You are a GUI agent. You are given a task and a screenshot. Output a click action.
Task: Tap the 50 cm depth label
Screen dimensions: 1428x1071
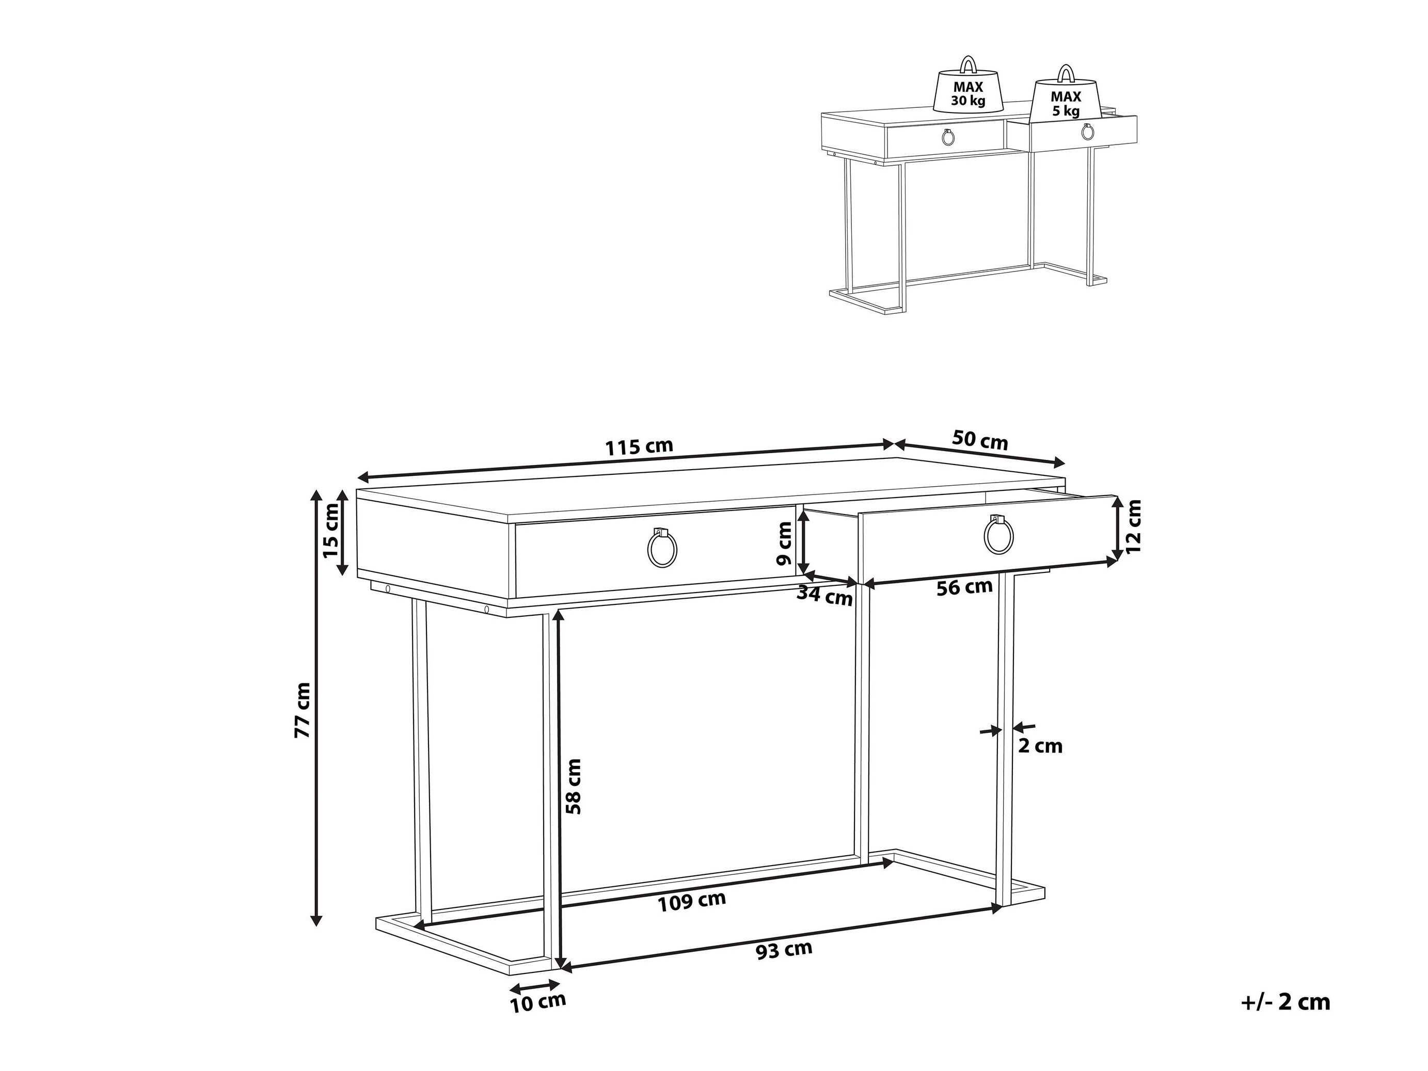click(x=980, y=440)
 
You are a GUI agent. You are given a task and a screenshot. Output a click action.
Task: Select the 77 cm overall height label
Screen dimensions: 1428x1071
click(x=302, y=710)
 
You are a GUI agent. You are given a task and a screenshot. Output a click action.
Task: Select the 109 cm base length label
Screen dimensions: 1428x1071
click(x=692, y=900)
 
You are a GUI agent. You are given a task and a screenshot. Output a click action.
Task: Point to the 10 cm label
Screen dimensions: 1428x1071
click(x=538, y=1020)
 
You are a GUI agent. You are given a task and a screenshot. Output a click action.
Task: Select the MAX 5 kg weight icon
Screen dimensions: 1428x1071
click(x=1065, y=92)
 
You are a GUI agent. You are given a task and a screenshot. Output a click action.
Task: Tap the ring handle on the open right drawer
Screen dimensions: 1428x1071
click(x=998, y=534)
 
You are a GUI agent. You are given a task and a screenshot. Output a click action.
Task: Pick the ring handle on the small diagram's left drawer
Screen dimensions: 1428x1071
click(x=949, y=137)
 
